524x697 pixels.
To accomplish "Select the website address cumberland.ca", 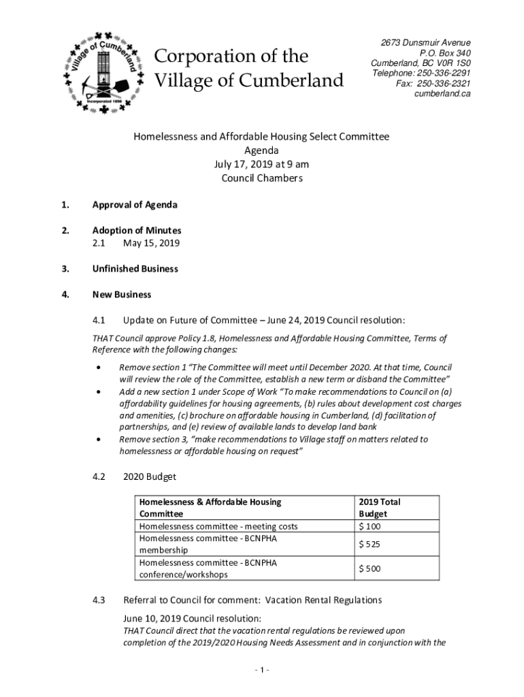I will (x=442, y=94).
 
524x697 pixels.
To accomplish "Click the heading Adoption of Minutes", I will (x=137, y=231).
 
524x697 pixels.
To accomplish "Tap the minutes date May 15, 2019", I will (x=151, y=243).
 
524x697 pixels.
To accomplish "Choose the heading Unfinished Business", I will (x=135, y=269).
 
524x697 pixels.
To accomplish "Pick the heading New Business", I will (x=122, y=295).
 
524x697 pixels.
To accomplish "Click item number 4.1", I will (x=99, y=320).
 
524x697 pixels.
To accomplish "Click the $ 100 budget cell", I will (x=370, y=526).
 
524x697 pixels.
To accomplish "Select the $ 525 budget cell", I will (x=370, y=544).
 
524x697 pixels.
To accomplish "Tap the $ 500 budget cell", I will (x=370, y=568).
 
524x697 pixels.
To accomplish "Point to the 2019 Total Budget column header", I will (x=379, y=508).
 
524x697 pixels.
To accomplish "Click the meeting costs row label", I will (x=218, y=526).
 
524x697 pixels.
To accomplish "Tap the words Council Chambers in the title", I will (x=262, y=179).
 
